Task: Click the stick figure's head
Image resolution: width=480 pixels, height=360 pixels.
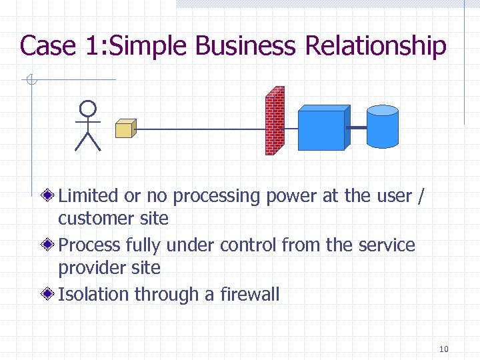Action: pyautogui.click(x=87, y=109)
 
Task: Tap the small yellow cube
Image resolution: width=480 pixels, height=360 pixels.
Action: pyautogui.click(x=125, y=128)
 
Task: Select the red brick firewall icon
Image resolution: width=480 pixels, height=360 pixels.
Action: pyautogui.click(x=275, y=121)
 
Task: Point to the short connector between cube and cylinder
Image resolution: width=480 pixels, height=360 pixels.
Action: pyautogui.click(x=357, y=127)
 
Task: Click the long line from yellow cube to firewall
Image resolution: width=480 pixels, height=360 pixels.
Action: pyautogui.click(x=200, y=129)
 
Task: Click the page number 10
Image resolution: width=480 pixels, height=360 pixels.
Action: pyautogui.click(x=445, y=349)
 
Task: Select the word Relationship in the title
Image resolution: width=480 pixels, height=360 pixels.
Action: pyautogui.click(x=375, y=46)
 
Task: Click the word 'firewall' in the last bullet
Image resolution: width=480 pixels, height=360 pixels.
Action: pyautogui.click(x=249, y=294)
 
